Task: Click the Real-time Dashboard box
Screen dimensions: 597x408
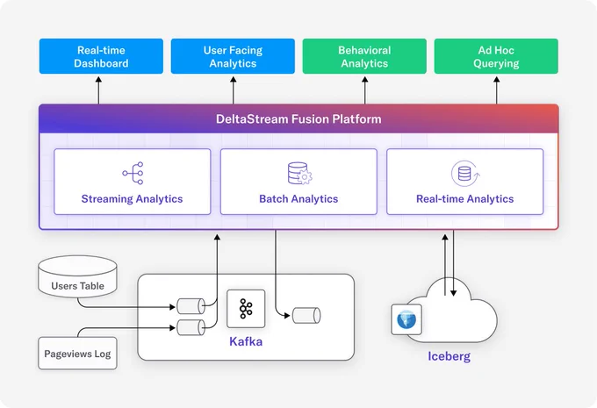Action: click(101, 56)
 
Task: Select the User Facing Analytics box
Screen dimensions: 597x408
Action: click(233, 56)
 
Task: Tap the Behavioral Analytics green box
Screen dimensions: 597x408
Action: click(364, 56)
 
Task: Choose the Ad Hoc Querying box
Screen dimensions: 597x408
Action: click(496, 56)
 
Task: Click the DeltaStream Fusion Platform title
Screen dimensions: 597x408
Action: click(298, 119)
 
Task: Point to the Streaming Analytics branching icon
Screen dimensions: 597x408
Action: click(133, 173)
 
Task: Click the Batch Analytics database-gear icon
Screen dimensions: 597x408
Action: click(299, 174)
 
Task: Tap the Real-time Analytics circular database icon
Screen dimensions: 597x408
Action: click(465, 174)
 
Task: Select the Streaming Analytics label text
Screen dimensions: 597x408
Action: click(132, 199)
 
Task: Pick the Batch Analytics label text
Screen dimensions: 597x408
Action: click(298, 199)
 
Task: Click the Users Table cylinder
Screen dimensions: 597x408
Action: click(77, 276)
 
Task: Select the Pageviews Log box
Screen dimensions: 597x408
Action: click(77, 354)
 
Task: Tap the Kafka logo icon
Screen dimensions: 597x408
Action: click(246, 309)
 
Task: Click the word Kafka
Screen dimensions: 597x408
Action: click(246, 341)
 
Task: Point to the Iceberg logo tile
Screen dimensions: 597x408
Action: click(406, 319)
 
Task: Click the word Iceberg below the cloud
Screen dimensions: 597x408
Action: click(450, 356)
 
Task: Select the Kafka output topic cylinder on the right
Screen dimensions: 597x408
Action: click(306, 316)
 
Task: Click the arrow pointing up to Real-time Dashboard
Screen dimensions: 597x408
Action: click(98, 90)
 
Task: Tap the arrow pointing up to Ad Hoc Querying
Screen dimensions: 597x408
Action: click(497, 90)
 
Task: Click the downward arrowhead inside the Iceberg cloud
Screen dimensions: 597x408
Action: click(454, 293)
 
